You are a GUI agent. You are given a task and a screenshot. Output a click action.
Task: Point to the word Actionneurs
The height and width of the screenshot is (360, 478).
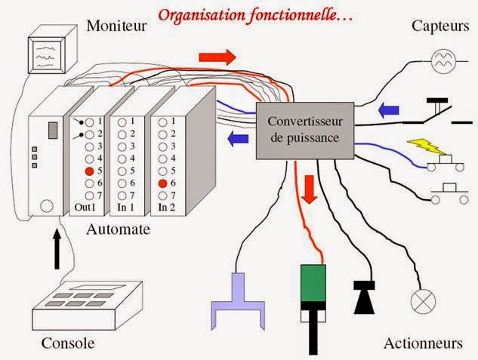423,343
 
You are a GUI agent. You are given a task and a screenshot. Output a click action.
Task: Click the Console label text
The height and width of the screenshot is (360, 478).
69,343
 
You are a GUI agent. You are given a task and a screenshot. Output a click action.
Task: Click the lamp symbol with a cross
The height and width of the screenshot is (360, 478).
420,302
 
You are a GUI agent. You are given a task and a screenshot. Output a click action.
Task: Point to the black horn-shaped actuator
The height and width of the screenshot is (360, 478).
364,297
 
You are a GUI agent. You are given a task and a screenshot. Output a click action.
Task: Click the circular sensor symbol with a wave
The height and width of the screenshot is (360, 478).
441,60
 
